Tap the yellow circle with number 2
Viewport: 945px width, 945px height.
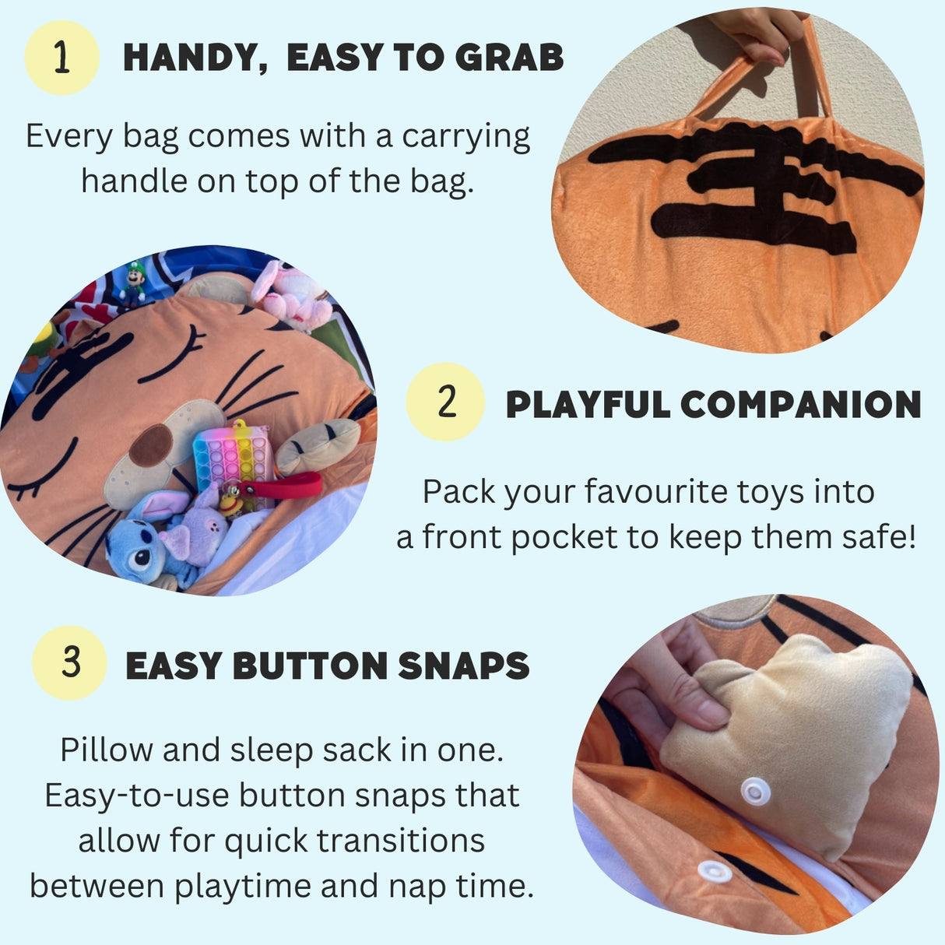click(x=445, y=402)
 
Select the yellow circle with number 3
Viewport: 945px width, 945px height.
click(x=69, y=663)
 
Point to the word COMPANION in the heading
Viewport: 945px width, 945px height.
click(x=800, y=405)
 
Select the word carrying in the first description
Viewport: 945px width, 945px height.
click(x=465, y=136)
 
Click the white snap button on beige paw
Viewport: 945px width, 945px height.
click(x=755, y=792)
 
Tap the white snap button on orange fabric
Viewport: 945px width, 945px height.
click(x=714, y=871)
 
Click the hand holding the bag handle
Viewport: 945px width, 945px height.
click(x=759, y=35)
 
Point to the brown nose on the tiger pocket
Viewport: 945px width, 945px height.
click(x=150, y=446)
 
